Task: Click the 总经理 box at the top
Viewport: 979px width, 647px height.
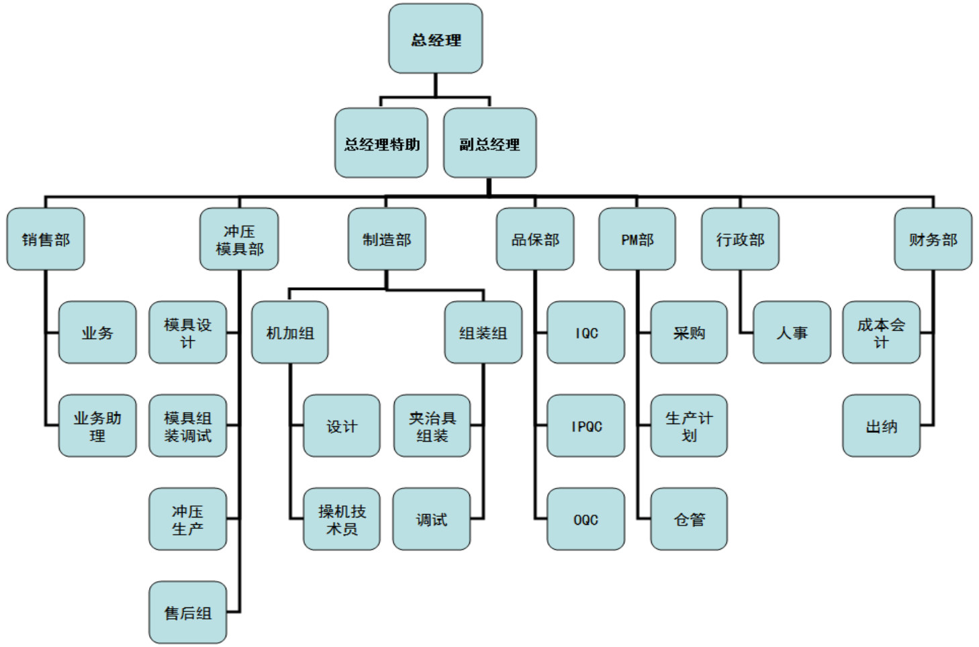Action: coord(435,39)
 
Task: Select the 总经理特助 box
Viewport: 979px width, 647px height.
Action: coord(381,143)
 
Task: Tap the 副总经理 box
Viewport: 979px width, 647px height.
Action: coord(489,143)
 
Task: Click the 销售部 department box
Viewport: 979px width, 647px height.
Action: coord(46,239)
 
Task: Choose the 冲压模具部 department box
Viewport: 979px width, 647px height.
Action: coord(239,239)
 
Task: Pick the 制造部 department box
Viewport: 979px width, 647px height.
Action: coord(387,239)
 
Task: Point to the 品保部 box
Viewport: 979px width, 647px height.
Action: coord(535,239)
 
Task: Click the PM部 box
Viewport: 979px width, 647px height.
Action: coord(637,239)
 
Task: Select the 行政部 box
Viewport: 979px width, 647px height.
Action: coord(740,239)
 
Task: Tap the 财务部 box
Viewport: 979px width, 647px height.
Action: coord(933,239)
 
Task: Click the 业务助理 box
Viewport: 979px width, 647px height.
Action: coord(97,426)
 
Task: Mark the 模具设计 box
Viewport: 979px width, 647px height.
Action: coord(187,332)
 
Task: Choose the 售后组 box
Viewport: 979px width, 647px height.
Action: coord(187,612)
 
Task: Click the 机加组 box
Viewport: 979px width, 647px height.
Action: coord(290,332)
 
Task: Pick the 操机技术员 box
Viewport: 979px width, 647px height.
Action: coord(342,519)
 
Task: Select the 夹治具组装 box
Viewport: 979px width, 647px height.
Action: coord(432,426)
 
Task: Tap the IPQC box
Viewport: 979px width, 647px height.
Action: coord(586,426)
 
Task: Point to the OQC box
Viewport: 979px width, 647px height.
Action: coord(586,519)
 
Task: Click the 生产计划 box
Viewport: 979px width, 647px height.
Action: coord(689,426)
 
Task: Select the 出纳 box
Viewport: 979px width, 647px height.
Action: coord(881,426)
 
